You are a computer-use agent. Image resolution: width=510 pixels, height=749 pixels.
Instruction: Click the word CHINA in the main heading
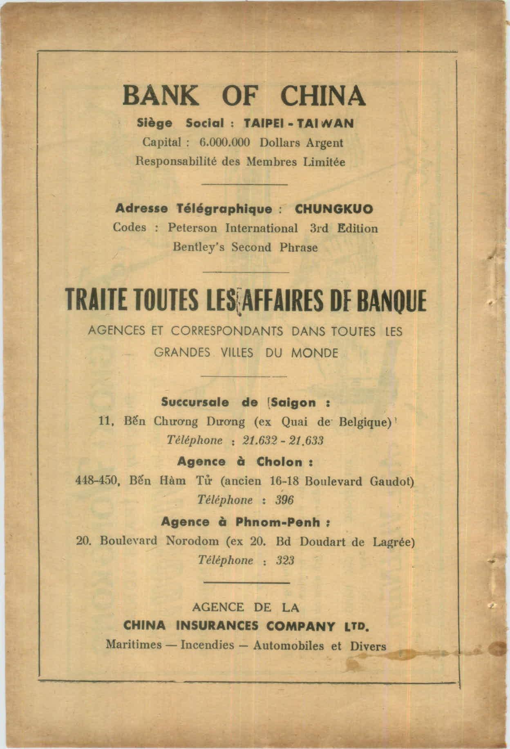(x=322, y=96)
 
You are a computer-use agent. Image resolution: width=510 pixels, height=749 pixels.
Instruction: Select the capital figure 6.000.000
(x=224, y=143)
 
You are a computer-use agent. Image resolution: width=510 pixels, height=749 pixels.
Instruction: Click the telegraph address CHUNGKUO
(x=334, y=209)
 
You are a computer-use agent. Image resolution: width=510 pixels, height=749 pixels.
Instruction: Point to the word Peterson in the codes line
(x=192, y=228)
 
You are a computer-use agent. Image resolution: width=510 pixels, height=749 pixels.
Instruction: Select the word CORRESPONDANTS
(x=227, y=331)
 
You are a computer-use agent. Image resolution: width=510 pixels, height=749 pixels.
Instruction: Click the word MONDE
(x=314, y=353)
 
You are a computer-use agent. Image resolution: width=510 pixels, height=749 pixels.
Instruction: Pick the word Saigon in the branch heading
(x=294, y=403)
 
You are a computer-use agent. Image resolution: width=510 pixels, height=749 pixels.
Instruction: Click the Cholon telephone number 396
(x=284, y=500)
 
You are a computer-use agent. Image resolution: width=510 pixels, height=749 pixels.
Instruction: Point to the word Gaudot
(x=391, y=481)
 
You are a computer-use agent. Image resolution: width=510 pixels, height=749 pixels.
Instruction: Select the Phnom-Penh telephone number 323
(x=285, y=560)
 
